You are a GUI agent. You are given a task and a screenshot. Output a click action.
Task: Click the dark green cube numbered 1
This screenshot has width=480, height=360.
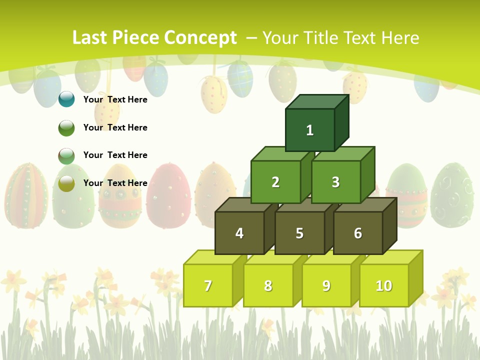[310, 130]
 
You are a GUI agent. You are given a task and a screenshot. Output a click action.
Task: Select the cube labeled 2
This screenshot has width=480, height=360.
[275, 182]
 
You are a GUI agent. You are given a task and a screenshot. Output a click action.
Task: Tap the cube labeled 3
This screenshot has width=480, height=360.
[335, 182]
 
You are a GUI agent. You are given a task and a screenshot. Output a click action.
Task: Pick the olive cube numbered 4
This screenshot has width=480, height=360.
[239, 233]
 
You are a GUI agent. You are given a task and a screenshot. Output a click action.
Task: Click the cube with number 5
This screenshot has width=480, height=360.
[299, 233]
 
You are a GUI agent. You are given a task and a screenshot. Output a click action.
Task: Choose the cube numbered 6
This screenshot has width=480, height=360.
[358, 233]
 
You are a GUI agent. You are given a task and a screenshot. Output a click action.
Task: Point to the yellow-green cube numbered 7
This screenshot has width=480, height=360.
[208, 285]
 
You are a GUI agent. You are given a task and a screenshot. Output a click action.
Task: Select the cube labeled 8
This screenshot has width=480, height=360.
[268, 285]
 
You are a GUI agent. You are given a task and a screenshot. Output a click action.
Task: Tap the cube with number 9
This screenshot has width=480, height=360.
[326, 285]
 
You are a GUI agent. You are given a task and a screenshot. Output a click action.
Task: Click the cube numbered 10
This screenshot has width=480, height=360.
[383, 285]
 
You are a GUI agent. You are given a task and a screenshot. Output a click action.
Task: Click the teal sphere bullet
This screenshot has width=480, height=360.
[66, 99]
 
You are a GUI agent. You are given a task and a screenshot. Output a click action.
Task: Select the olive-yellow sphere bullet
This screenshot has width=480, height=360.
[66, 183]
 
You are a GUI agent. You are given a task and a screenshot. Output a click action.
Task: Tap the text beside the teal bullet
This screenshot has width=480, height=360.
[115, 99]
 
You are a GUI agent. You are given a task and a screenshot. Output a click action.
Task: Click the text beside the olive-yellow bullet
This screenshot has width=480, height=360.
[115, 183]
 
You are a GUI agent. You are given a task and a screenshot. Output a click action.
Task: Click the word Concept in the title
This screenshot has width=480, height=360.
[200, 38]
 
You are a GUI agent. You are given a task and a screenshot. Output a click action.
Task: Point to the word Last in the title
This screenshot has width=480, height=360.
[90, 38]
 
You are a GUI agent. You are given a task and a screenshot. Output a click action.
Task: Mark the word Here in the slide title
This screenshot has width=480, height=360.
[400, 38]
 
